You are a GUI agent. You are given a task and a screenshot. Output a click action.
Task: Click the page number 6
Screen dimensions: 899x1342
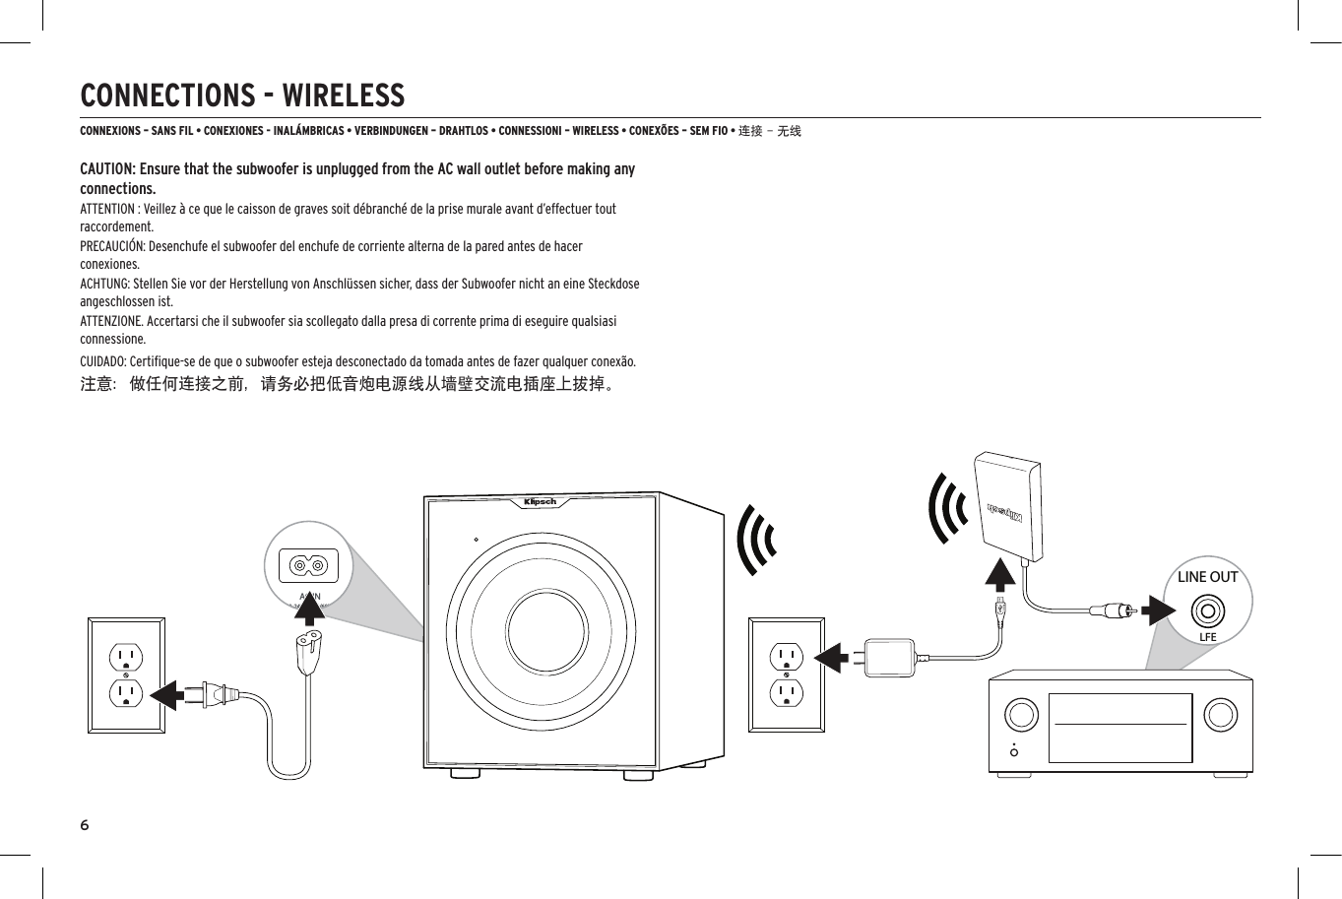(85, 824)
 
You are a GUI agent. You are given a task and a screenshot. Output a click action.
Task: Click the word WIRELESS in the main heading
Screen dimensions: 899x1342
(343, 96)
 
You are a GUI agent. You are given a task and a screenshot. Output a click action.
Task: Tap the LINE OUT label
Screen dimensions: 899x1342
(1207, 577)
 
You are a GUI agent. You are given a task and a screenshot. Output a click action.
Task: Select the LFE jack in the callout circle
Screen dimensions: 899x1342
(1207, 612)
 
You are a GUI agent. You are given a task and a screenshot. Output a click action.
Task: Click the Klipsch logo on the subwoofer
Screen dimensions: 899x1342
(540, 502)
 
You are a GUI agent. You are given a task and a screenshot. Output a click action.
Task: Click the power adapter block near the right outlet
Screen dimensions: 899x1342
(890, 658)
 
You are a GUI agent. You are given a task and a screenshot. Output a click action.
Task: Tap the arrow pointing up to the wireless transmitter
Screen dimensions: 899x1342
(1000, 576)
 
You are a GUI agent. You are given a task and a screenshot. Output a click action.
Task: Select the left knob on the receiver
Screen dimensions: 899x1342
(1022, 714)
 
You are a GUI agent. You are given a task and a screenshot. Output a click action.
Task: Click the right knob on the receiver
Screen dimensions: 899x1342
(1221, 714)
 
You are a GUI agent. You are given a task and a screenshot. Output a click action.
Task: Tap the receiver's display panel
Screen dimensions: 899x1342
(1120, 728)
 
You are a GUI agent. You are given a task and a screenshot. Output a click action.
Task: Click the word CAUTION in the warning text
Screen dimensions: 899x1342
(106, 169)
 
